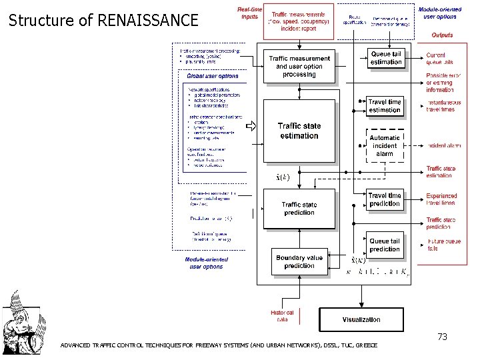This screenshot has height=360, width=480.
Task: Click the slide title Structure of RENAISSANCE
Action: tap(103, 20)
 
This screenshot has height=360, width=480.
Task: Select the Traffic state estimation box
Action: tap(299, 131)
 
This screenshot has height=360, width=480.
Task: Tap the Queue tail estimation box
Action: tap(386, 59)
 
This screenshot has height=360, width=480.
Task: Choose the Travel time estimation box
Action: tap(385, 106)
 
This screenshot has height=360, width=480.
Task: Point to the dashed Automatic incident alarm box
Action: tap(385, 145)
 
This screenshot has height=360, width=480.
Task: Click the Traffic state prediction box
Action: tap(299, 208)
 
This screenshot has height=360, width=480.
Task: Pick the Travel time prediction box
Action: tap(385, 199)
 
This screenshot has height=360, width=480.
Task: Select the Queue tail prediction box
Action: tap(385, 245)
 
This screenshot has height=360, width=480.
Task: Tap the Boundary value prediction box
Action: tap(299, 261)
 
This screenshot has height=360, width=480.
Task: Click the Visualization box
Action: tap(361, 319)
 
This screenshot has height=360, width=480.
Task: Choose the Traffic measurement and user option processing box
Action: tap(299, 67)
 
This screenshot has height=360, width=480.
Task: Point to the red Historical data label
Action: tap(283, 315)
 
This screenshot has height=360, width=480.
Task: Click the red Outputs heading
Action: tap(442, 35)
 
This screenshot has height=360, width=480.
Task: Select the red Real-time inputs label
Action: tap(250, 13)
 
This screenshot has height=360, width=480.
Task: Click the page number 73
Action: tap(442, 337)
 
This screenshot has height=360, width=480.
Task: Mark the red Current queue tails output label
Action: tap(440, 59)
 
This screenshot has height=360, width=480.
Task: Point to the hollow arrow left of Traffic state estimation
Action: tap(251, 126)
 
